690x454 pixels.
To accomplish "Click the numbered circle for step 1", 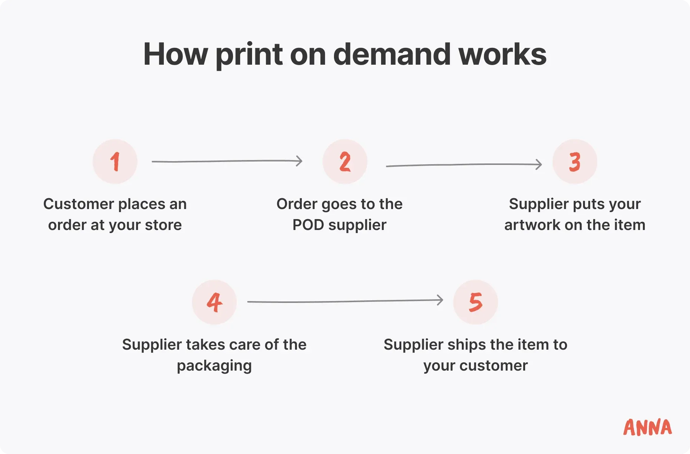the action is click(115, 162).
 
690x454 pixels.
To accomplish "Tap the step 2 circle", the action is click(345, 162).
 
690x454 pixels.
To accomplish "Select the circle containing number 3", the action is click(575, 162).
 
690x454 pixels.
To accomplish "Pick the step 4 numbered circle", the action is click(214, 302).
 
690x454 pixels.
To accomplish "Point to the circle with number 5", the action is click(476, 302).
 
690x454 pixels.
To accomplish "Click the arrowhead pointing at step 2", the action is click(299, 161).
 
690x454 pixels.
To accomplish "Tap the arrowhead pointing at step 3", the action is click(539, 164).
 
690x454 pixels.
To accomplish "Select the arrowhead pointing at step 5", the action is click(440, 300).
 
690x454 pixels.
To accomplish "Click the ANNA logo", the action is click(647, 427).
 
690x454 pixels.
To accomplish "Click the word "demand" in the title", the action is click(392, 55).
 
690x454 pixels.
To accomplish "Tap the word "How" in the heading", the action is click(175, 55).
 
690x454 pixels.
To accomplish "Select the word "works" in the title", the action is click(502, 55).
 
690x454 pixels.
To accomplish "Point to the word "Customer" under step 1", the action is click(79, 204).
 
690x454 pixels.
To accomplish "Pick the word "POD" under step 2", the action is click(308, 225).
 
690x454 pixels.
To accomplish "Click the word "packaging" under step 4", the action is click(214, 366).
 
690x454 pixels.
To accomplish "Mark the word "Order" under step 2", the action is click(297, 204).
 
